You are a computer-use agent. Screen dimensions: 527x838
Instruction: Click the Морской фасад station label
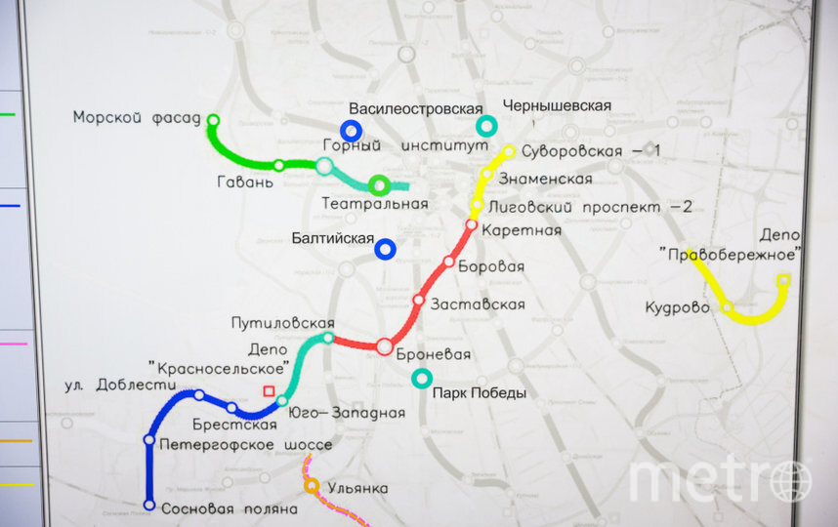(x=136, y=118)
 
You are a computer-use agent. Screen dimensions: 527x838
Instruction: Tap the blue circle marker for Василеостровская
(x=351, y=130)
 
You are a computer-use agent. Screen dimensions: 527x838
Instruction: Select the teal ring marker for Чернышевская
(x=485, y=126)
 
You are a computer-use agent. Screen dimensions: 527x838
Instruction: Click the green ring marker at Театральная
(x=379, y=184)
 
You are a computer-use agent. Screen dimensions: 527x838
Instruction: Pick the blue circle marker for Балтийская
(x=386, y=250)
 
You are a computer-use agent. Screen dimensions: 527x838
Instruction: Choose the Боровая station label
(x=491, y=265)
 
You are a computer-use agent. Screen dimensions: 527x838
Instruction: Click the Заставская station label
(x=478, y=304)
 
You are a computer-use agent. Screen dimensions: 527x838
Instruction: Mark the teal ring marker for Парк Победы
(x=422, y=378)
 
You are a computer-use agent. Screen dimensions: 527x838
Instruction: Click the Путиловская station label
(x=283, y=323)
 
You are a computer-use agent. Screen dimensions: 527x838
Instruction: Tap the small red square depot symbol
(x=269, y=390)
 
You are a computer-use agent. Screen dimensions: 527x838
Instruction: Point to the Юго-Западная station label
(x=347, y=413)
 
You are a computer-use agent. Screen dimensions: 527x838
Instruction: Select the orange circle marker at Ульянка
(x=312, y=485)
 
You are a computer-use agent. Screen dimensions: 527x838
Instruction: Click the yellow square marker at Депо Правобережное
(x=782, y=280)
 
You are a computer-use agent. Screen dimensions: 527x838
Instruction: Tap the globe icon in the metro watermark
(x=790, y=480)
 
